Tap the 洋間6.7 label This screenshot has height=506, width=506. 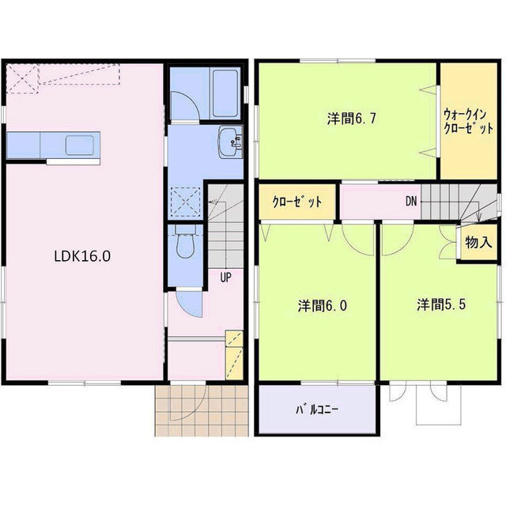[x=346, y=119]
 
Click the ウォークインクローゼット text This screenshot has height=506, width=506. [x=469, y=120]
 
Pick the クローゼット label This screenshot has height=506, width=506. [x=296, y=202]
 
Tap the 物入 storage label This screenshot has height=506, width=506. [x=478, y=242]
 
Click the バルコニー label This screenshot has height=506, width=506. [x=317, y=410]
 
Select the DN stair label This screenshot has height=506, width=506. [x=411, y=201]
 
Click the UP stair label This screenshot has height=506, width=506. [x=225, y=278]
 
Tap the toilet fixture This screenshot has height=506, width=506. [x=183, y=243]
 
